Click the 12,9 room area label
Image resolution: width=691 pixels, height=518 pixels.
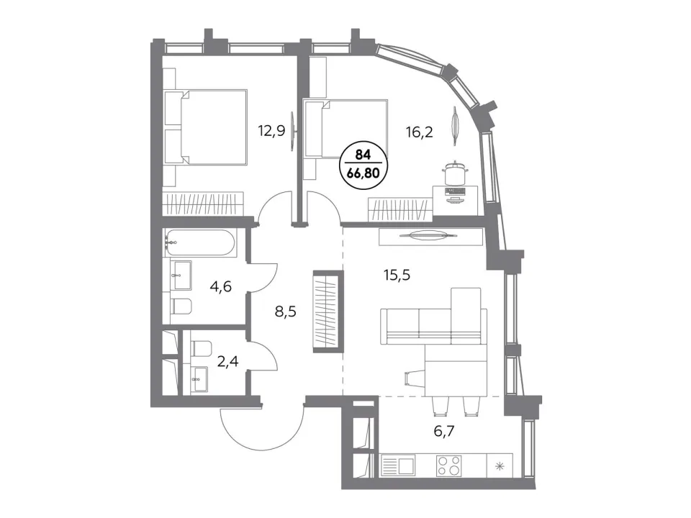point(271,131)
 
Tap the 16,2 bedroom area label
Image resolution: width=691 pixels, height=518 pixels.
point(419,131)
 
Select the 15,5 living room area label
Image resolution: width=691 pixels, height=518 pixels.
point(397,276)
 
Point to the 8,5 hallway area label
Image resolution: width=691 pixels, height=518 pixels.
point(285,312)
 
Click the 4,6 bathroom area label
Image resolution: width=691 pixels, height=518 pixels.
point(221,287)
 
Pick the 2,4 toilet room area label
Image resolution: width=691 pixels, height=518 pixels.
point(228,362)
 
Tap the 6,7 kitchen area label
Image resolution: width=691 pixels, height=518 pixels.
point(444,431)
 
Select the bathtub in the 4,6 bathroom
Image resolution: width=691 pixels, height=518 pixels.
point(201,242)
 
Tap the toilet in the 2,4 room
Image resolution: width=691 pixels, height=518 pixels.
point(202,348)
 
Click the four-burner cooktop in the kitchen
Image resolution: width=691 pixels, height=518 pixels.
point(448,465)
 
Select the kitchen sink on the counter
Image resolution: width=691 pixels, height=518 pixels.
point(398,465)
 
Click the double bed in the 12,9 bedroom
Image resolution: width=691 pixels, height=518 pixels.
point(205,127)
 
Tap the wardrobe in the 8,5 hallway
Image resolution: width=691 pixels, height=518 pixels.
point(328,312)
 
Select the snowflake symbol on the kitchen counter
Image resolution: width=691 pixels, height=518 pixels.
point(500,466)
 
